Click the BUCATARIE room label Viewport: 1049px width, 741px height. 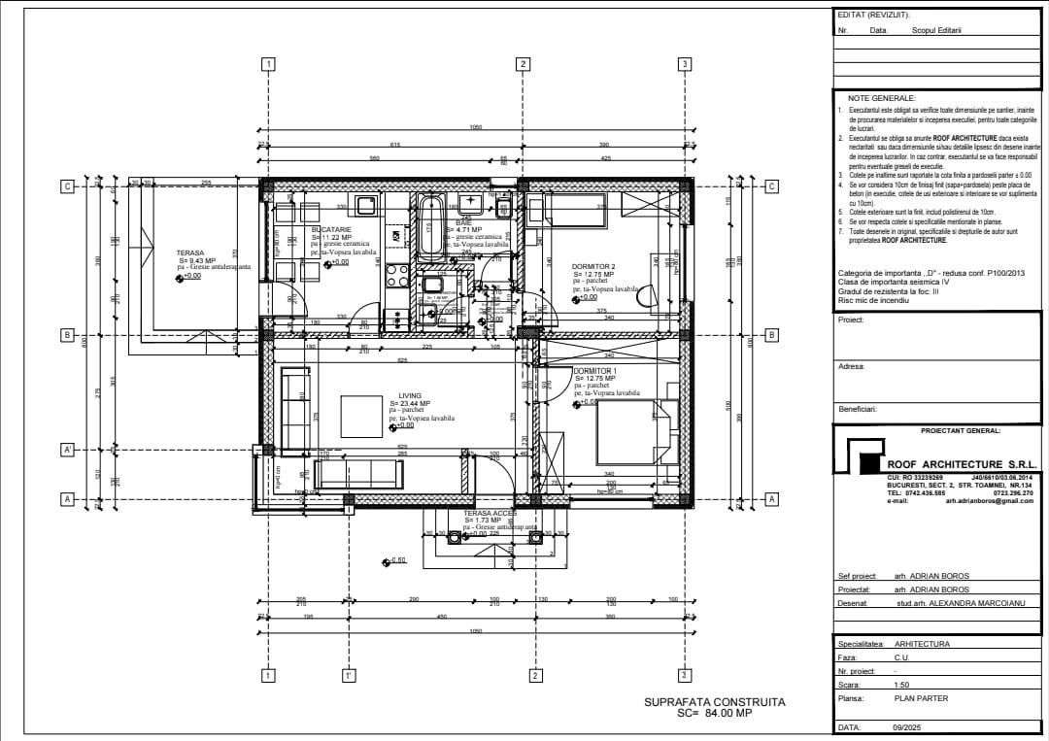click(x=331, y=229)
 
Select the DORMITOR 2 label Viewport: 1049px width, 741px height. click(x=593, y=266)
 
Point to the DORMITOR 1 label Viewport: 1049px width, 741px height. click(x=594, y=371)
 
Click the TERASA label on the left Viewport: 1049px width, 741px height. click(x=189, y=253)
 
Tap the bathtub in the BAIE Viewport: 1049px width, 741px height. click(x=431, y=225)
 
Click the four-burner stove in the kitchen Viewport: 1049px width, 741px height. click(x=397, y=276)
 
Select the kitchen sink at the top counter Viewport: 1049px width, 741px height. click(x=367, y=204)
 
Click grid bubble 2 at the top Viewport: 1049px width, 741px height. click(x=523, y=64)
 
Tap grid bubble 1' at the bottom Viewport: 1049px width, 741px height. click(x=348, y=675)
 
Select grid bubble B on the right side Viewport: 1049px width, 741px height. click(x=772, y=335)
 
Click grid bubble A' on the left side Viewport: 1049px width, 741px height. click(x=68, y=450)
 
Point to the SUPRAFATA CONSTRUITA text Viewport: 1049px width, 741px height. click(x=714, y=701)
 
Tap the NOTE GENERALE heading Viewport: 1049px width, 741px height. click(x=881, y=98)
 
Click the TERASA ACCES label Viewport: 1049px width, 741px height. click(x=491, y=513)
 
